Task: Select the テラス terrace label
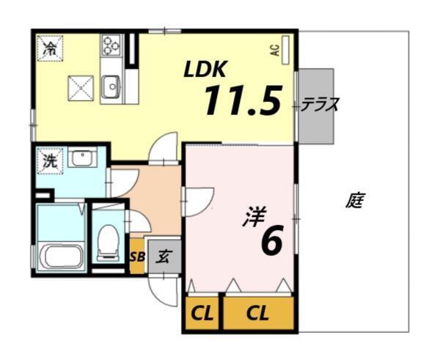point(320,105)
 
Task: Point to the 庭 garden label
point(355,200)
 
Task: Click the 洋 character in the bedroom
point(253,217)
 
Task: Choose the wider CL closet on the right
point(257,315)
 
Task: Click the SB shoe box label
point(137,257)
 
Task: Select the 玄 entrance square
point(164,257)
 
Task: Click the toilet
point(109,241)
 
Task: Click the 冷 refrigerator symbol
point(51,50)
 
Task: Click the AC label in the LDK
point(274,51)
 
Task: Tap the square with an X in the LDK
point(79,89)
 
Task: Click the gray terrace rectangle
point(316,106)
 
